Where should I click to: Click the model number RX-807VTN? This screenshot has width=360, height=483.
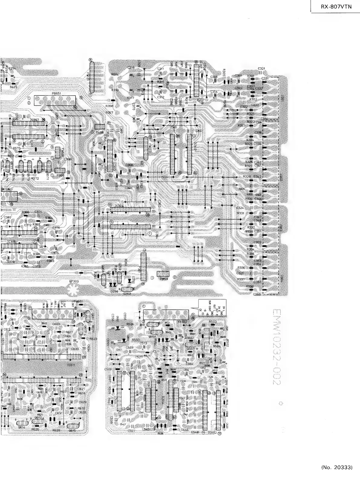pos(336,6)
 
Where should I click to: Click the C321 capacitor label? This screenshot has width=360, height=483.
pos(262,69)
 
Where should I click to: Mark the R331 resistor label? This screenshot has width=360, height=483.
pos(241,213)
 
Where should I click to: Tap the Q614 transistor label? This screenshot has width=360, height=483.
pos(21,428)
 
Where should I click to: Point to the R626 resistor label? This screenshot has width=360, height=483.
pos(35,429)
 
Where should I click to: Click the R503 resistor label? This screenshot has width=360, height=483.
pos(213,322)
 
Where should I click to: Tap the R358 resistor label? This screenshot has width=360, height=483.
pos(109,106)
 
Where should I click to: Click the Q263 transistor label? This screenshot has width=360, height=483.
pos(127,293)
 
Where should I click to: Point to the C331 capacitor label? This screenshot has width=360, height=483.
pos(265,78)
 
